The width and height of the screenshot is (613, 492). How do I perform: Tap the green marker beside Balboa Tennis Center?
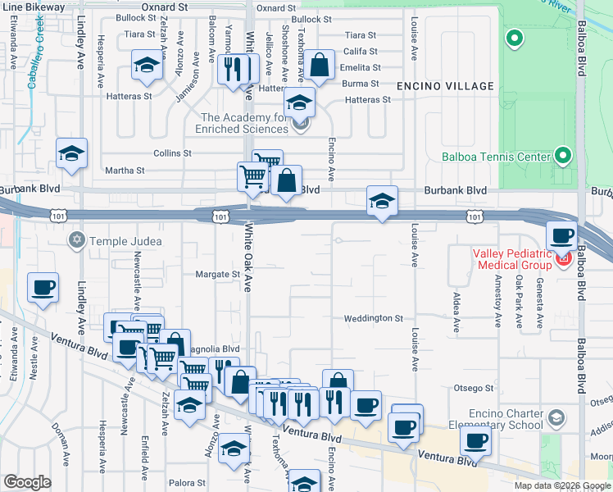coord(562,155)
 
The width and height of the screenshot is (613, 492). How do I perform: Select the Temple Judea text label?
coord(126,241)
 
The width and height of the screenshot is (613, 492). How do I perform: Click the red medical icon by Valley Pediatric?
coord(563,261)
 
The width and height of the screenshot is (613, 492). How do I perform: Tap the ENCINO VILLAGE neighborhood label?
coord(445,86)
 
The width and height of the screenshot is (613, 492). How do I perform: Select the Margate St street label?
coord(216,275)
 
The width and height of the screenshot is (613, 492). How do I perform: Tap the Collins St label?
coord(172,153)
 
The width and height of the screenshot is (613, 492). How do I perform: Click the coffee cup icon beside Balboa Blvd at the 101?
coord(561,236)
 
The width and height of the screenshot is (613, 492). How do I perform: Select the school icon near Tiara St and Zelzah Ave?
coord(147,65)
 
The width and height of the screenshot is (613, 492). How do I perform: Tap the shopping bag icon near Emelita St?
coord(320,65)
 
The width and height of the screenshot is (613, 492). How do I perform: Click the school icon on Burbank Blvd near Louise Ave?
coord(382,201)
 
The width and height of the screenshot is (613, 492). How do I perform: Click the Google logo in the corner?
coord(27,481)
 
